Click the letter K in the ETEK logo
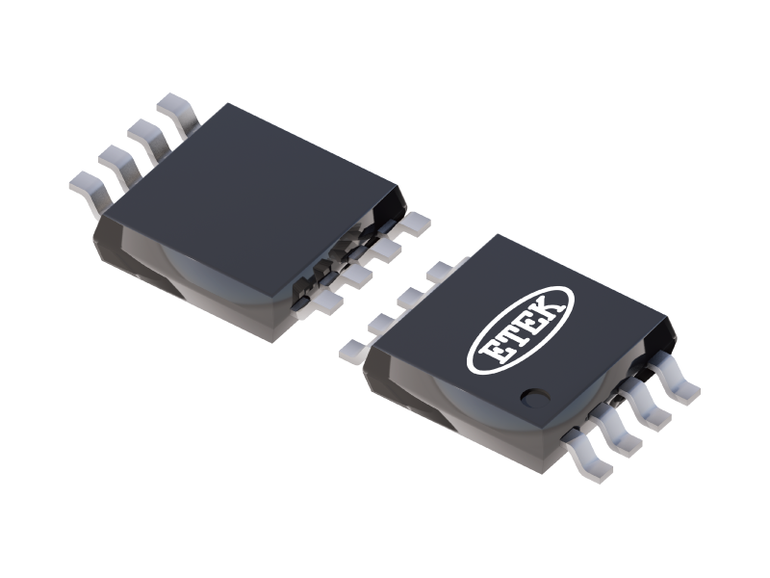point(549,307)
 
